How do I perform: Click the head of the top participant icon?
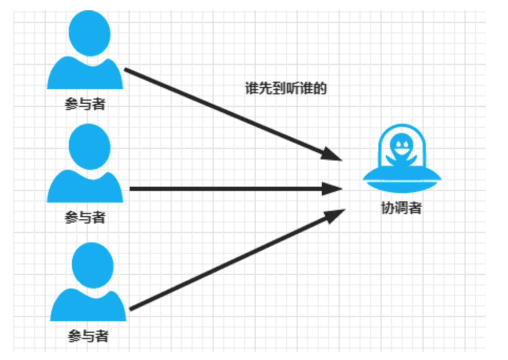tap(90, 33)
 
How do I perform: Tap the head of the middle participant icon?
tap(90, 147)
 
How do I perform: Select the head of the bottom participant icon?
tap(92, 265)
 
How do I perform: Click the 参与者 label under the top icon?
tap(85, 104)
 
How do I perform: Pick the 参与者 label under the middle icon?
tap(85, 218)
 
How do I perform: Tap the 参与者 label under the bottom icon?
tap(88, 336)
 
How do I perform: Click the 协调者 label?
tap(401, 208)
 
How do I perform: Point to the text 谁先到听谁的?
tap(286, 88)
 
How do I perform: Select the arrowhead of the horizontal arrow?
tap(332, 189)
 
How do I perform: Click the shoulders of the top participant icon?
tap(85, 76)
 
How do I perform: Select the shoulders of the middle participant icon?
tap(85, 189)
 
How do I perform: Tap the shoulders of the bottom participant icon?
tap(88, 307)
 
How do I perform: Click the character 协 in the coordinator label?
tap(387, 208)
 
